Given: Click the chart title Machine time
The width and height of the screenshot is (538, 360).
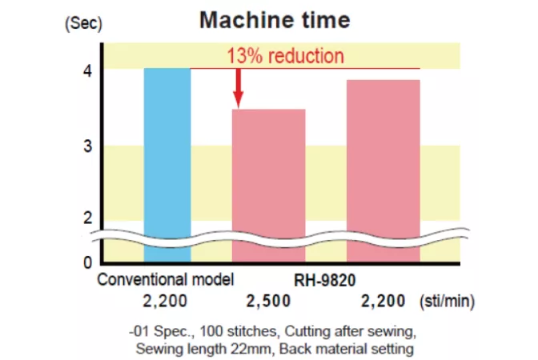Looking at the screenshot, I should pos(275,19).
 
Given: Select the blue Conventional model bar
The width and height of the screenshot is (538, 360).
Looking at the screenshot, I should pos(167,160).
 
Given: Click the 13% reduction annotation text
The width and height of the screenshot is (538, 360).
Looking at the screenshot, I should pos(285,56).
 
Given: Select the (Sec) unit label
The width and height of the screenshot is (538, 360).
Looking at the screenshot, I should pos(84,23).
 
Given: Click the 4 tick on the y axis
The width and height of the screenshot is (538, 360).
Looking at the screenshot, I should pos(87,70).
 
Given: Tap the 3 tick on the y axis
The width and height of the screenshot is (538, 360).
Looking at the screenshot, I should pos(87,146).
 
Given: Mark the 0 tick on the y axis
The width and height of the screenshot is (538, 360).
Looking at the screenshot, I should pos(87,262).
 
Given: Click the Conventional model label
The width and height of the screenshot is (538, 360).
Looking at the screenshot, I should pos(165,280).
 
